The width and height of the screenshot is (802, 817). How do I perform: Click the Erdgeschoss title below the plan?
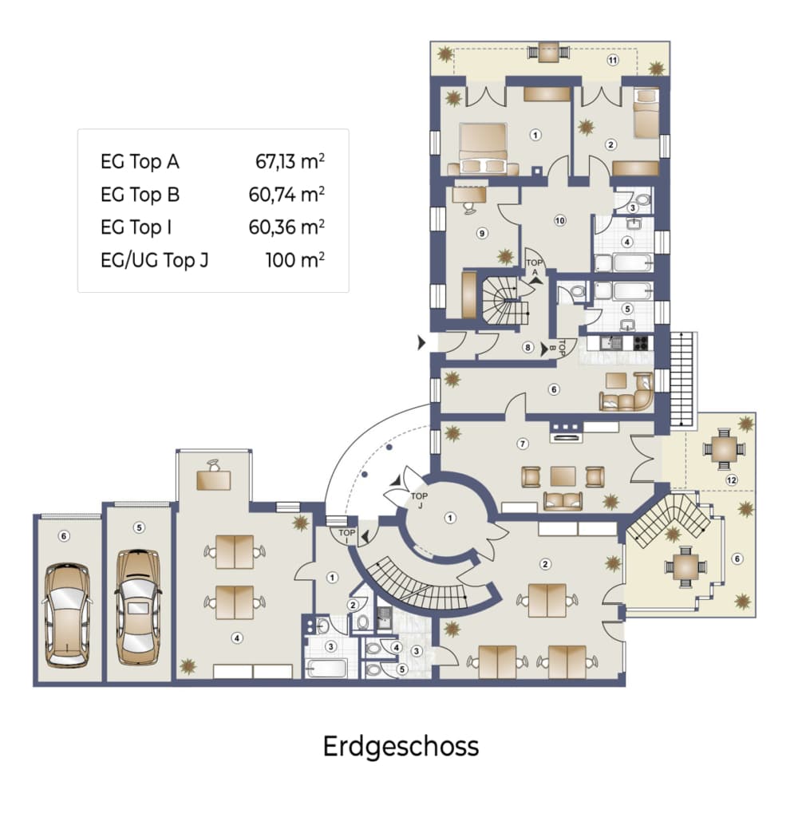(401, 747)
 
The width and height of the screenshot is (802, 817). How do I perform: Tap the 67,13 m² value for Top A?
(290, 161)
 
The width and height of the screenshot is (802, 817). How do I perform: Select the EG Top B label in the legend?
(140, 195)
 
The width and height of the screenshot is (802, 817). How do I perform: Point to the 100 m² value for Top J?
(295, 259)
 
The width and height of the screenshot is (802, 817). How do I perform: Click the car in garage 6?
(67, 615)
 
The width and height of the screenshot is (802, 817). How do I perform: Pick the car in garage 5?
(138, 607)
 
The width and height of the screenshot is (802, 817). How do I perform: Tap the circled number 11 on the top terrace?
(613, 60)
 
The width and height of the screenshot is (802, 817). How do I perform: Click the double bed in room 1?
(483, 149)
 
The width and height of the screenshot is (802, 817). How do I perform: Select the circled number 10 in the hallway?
(559, 220)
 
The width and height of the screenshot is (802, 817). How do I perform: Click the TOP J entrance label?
(419, 500)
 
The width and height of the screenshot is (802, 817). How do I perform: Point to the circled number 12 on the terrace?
(732, 480)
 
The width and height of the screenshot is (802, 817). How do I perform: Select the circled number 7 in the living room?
(523, 444)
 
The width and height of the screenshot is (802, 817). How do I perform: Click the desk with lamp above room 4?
(214, 476)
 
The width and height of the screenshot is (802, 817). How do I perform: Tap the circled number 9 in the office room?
(482, 234)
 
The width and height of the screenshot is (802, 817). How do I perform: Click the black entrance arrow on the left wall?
(421, 343)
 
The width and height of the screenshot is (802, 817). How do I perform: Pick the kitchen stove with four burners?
(641, 343)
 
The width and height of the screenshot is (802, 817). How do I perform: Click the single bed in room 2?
(646, 114)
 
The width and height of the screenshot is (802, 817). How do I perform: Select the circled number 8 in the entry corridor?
(528, 347)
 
